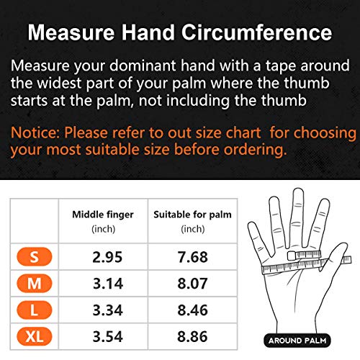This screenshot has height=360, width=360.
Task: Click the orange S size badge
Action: [35, 256]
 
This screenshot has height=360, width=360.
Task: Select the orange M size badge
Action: [35, 284]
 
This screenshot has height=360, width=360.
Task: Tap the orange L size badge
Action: [35, 313]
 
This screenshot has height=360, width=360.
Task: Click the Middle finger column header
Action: [103, 215]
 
